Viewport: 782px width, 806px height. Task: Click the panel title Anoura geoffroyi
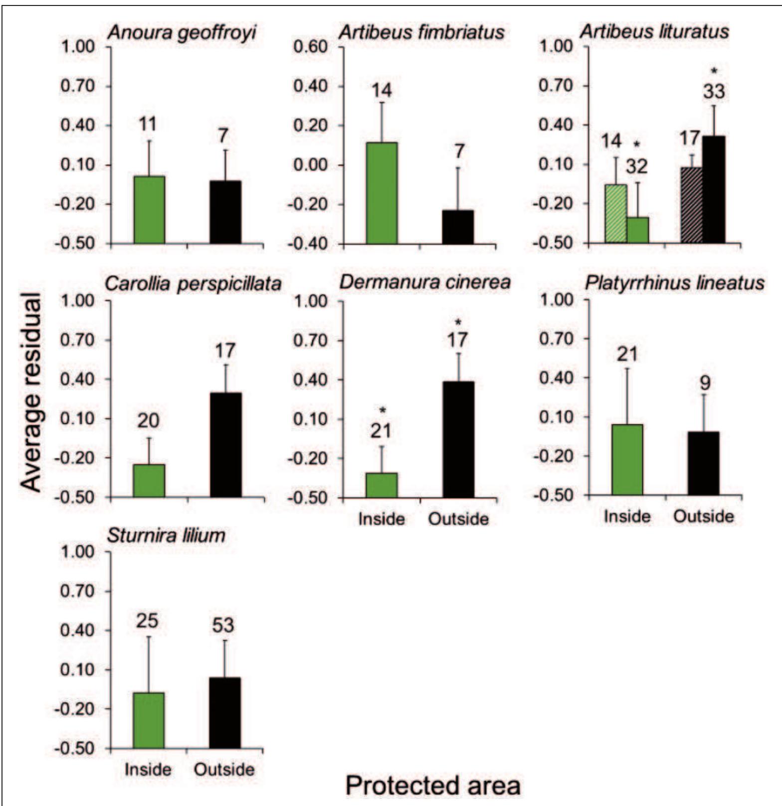coord(182,33)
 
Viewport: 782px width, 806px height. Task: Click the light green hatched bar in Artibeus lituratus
coord(615,214)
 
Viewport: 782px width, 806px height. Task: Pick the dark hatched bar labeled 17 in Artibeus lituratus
coord(691,205)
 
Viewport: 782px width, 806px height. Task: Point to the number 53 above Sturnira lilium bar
coord(223,625)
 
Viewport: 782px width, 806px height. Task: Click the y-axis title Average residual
coord(31,393)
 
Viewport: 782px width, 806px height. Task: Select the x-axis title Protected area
coord(433,786)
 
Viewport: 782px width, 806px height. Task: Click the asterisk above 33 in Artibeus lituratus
coord(714,71)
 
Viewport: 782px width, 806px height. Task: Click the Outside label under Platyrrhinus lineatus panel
coord(703,516)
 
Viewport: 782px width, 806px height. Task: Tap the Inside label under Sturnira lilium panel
coord(148,770)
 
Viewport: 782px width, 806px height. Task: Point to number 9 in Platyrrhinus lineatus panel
coord(705,383)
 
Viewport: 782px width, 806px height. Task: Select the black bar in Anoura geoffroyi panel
coord(225,212)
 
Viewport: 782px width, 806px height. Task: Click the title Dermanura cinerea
coord(425,282)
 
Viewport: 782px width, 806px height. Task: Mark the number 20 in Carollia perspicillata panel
coord(148,421)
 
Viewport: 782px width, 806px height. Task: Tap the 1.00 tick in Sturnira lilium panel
coord(77,552)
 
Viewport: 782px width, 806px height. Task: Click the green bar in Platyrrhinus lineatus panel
coord(627,459)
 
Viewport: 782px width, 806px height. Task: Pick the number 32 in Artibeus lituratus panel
coord(636,166)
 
